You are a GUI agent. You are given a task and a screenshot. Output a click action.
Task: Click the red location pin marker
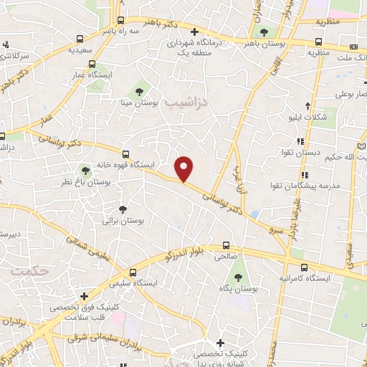185,168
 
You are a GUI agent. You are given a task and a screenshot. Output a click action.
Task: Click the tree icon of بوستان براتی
123,209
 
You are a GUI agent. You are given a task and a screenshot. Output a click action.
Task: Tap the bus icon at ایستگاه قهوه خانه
126,154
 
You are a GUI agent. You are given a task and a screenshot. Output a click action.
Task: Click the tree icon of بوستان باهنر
265,32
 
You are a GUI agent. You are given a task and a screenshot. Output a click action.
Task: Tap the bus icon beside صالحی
226,245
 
